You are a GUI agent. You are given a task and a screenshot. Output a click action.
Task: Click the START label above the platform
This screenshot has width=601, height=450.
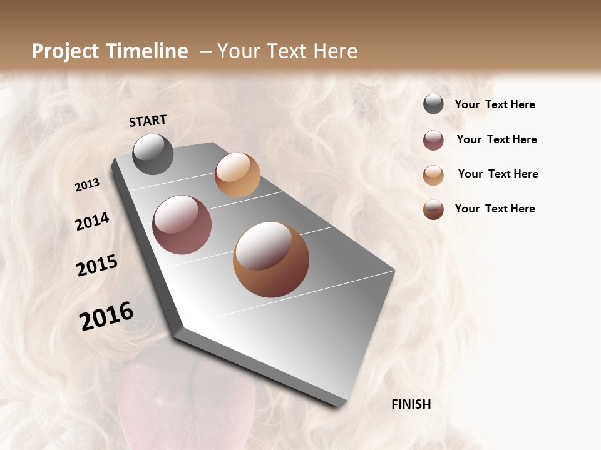[x=148, y=121]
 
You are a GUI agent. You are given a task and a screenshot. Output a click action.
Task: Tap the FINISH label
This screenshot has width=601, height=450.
[x=411, y=404]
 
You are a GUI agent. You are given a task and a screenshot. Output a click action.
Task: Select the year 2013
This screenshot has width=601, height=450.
[x=87, y=184]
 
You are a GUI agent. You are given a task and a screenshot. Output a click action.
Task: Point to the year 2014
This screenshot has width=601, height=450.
[x=92, y=221]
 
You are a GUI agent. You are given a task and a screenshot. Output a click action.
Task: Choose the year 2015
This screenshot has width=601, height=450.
[x=97, y=266]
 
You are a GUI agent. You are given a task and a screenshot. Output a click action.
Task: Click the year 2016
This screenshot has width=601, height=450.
[x=106, y=316]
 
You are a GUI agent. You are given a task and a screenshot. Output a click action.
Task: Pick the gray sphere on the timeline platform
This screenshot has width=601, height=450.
[x=153, y=154]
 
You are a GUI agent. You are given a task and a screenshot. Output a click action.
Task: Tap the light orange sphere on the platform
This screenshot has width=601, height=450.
[x=237, y=175]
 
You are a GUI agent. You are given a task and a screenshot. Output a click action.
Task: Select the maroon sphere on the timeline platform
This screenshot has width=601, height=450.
[x=182, y=225]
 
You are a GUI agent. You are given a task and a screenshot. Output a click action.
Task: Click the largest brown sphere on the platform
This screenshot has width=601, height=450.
[x=271, y=259]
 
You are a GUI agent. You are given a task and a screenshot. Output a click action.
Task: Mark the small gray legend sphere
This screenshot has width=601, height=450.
[x=433, y=104]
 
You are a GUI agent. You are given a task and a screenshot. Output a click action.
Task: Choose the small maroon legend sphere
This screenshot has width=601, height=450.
[x=433, y=140]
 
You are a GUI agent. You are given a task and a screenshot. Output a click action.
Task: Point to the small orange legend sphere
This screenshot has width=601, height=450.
[x=433, y=175]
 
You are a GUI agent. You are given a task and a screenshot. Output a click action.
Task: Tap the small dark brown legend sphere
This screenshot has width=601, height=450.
[x=433, y=209]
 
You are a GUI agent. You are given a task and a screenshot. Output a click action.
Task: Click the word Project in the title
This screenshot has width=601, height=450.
[x=66, y=51]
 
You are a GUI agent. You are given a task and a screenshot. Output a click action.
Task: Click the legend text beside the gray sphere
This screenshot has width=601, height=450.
[x=495, y=105]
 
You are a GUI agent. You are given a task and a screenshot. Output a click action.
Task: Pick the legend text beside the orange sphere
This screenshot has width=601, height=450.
[x=498, y=174]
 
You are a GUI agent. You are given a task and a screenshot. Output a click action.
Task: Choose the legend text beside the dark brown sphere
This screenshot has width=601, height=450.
[x=495, y=209]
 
